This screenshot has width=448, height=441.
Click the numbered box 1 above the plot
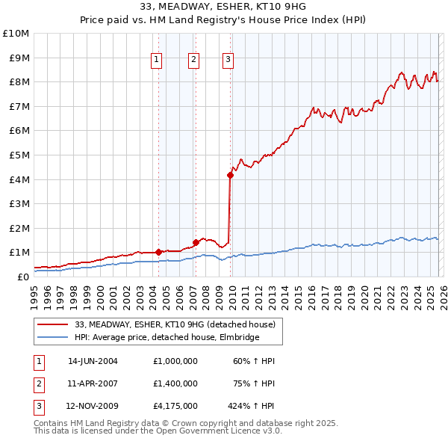pyautogui.click(x=157, y=60)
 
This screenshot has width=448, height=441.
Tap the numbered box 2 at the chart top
pyautogui.click(x=193, y=60)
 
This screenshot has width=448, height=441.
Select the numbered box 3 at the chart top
pyautogui.click(x=228, y=60)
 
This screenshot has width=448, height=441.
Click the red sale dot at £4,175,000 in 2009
pyautogui.click(x=230, y=176)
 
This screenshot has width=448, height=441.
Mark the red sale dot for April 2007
pyautogui.click(x=196, y=242)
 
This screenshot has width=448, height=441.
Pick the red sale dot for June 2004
pyautogui.click(x=158, y=253)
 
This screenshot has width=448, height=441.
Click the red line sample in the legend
pyautogui.click(x=52, y=324)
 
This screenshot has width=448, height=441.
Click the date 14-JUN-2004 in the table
pyautogui.click(x=93, y=360)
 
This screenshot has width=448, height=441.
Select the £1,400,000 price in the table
pyautogui.click(x=175, y=383)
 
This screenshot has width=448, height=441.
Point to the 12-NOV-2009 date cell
pyautogui.click(x=93, y=407)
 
